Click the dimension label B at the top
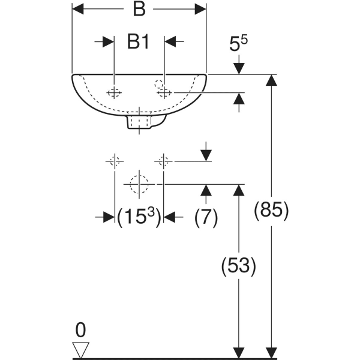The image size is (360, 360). coord(139,10)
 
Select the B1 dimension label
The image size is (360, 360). coord(138,42)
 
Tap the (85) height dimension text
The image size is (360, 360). coord(271,211)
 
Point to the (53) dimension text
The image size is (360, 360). coord(239,266)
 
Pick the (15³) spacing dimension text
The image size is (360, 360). coord(139,217)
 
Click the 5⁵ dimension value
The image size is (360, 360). coord(238,43)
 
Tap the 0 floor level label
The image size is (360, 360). coord(80,329)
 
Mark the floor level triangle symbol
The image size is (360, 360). coord(80,350)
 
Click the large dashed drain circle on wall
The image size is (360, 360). coord(139,184)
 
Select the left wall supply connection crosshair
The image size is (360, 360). coord(115,161)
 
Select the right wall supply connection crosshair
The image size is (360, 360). coord(163,161)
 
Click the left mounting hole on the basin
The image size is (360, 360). coord(114,93)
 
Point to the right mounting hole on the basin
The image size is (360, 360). coord(164,93)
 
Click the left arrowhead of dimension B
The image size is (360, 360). coord(78,9)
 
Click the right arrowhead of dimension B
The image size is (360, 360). coord(200,9)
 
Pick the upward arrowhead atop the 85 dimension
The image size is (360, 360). coord(271,80)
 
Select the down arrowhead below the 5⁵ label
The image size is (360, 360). coord(239,69)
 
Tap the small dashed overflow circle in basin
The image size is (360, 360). coord(158,84)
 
